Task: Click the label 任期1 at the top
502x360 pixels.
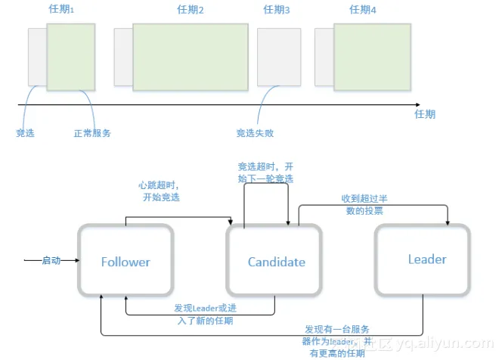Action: pyautogui.click(x=70, y=10)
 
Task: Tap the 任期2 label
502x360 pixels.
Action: pyautogui.click(x=191, y=10)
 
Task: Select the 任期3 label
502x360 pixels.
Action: pyautogui.click(x=277, y=10)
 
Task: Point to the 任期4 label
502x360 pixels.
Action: pyautogui.click(x=364, y=10)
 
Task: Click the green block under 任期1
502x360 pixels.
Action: pyautogui.click(x=71, y=57)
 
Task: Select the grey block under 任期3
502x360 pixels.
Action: pyautogui.click(x=279, y=57)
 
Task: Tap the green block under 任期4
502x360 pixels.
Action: pyautogui.click(x=373, y=57)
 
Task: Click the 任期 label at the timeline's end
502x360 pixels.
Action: pyautogui.click(x=425, y=114)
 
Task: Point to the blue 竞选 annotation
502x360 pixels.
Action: pyautogui.click(x=26, y=133)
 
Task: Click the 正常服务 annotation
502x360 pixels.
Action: pyautogui.click(x=91, y=133)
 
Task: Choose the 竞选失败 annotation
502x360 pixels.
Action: pyautogui.click(x=255, y=133)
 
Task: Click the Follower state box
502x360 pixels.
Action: pyautogui.click(x=125, y=262)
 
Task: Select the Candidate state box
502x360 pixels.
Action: pyautogui.click(x=277, y=262)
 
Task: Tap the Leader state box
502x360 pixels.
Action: pyautogui.click(x=427, y=259)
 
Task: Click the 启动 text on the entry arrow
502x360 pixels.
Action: pyautogui.click(x=51, y=261)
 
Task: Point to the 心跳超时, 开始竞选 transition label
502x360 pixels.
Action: pyautogui.click(x=160, y=191)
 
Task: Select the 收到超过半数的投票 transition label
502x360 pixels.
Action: pyautogui.click(x=365, y=204)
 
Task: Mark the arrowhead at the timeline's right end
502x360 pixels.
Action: pyautogui.click(x=416, y=104)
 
